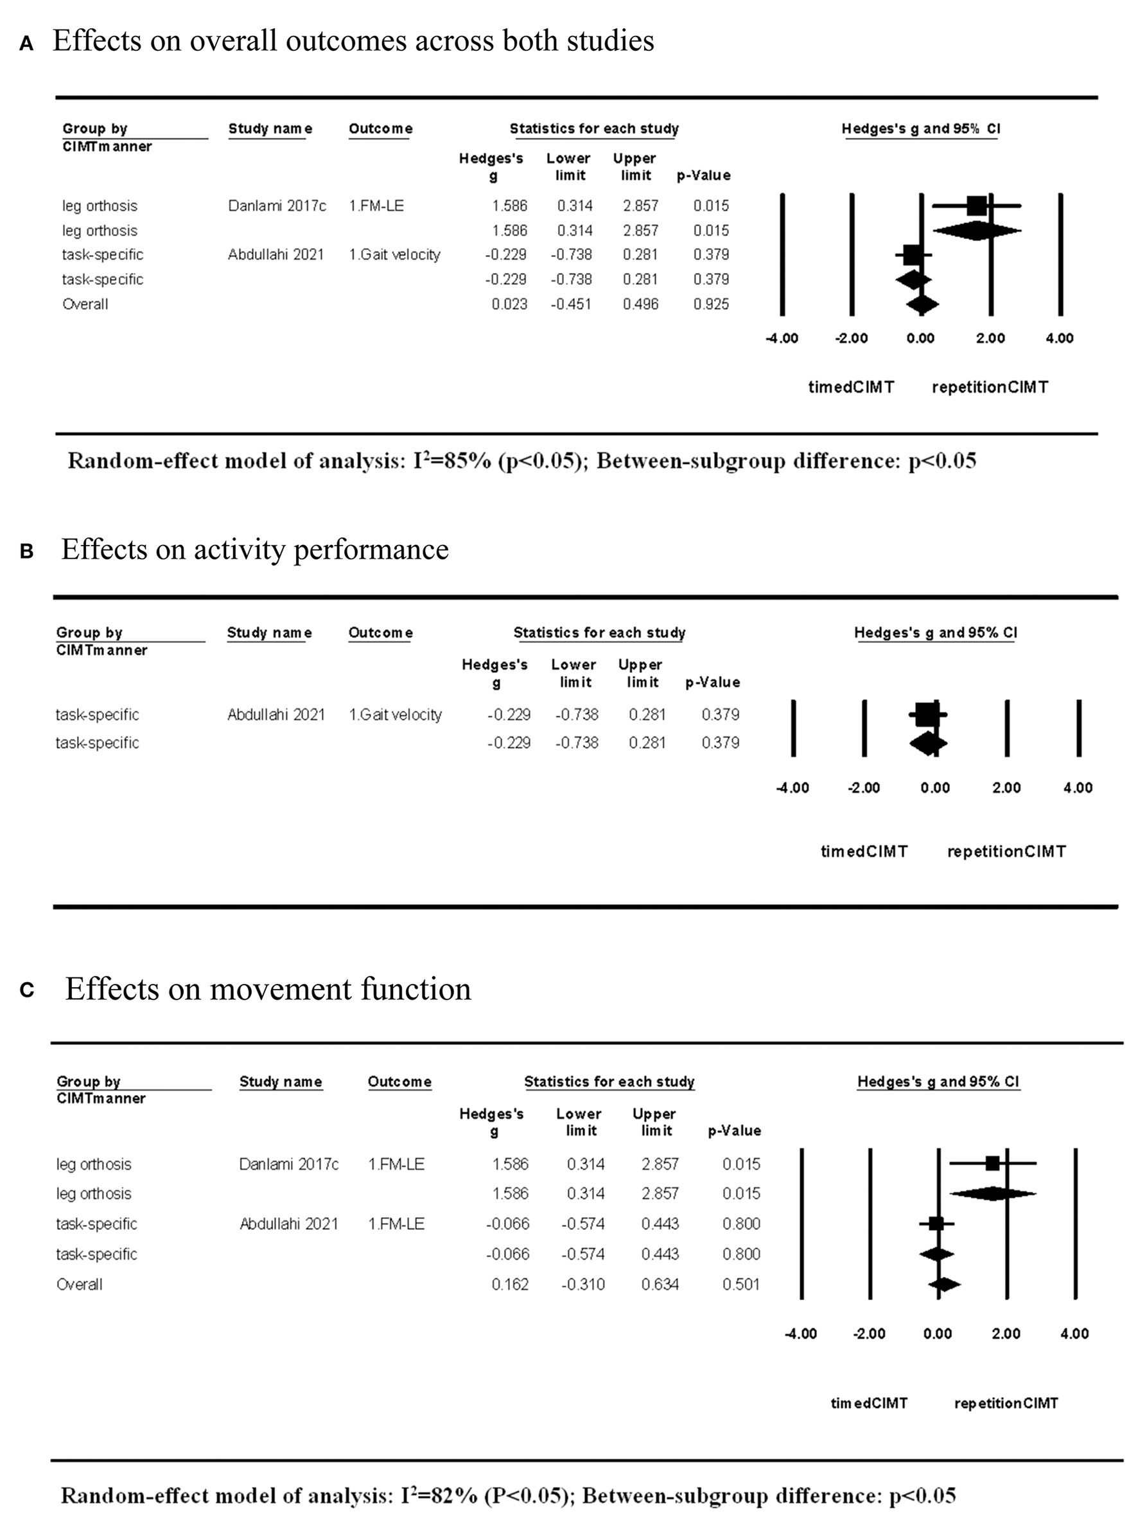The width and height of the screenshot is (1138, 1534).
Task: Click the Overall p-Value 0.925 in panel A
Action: coord(711,304)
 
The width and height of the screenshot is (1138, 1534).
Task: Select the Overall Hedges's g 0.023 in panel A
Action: coord(509,304)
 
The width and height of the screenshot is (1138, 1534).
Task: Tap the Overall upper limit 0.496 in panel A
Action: coord(641,304)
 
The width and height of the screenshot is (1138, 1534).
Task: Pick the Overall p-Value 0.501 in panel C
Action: coord(741,1284)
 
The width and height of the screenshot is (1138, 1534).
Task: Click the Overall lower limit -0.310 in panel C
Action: coord(582,1284)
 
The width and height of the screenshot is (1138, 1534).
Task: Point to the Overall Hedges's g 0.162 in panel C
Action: coord(510,1284)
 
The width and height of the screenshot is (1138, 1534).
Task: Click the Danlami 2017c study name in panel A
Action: coord(277,206)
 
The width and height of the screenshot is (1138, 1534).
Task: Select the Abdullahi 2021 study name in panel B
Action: coord(276,715)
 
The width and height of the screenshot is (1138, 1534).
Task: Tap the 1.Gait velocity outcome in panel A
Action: coord(394,254)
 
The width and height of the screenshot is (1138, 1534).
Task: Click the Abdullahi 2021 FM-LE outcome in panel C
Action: coord(396,1223)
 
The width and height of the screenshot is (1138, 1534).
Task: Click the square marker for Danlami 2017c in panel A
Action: coord(976,206)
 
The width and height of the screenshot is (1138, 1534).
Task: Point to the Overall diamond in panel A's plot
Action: coord(922,304)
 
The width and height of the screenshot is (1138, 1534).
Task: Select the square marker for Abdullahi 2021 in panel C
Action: coord(936,1223)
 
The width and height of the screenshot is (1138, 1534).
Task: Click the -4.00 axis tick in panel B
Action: coord(792,788)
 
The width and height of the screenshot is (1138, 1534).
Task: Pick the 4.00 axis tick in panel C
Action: coord(1074,1333)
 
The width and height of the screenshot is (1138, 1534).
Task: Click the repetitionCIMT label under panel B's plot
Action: coord(1006,852)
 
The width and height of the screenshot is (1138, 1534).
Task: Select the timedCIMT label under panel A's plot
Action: coord(852,388)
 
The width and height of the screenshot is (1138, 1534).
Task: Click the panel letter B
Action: coord(27,552)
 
